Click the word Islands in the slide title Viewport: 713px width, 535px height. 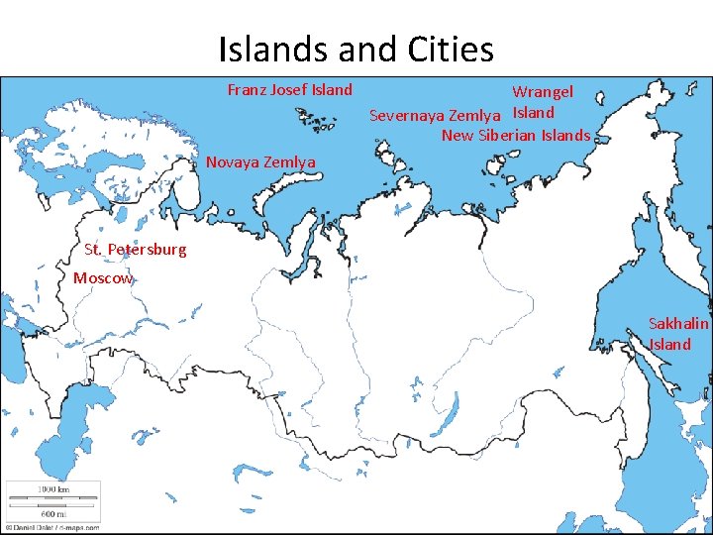click(x=267, y=49)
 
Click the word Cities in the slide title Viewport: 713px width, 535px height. click(x=450, y=49)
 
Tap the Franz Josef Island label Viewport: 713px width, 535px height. click(x=289, y=90)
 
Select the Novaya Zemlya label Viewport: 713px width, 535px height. click(x=260, y=161)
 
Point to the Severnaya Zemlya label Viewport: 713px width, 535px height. click(x=435, y=116)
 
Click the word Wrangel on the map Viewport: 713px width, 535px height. click(x=542, y=92)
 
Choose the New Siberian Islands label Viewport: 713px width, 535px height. click(x=515, y=136)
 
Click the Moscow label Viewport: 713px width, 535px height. click(x=102, y=278)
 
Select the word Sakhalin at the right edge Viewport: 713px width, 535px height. click(x=678, y=323)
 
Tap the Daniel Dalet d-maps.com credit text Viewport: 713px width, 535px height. click(x=50, y=528)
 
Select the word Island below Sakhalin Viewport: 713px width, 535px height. click(x=670, y=345)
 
